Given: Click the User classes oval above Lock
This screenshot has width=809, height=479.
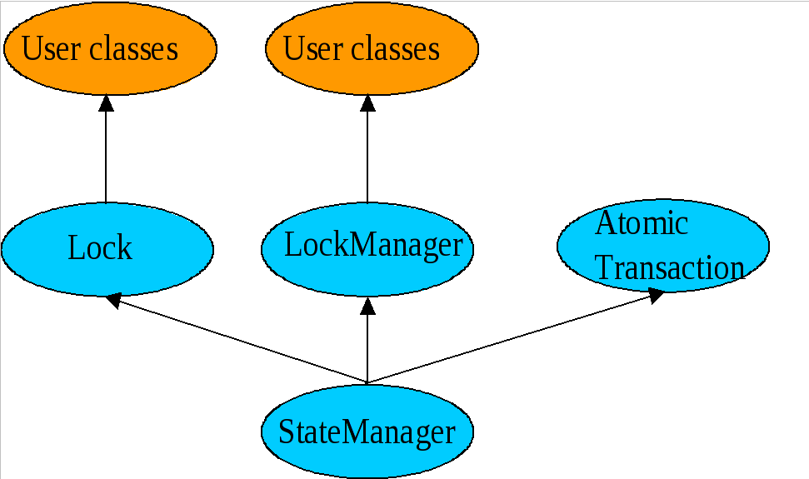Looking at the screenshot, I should pyautogui.click(x=109, y=48).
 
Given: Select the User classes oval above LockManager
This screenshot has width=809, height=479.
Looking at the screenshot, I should pyautogui.click(x=372, y=48).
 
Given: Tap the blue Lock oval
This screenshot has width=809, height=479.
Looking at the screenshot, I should pyautogui.click(x=107, y=248).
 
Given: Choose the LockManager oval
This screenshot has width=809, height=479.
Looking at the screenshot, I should pyautogui.click(x=367, y=247).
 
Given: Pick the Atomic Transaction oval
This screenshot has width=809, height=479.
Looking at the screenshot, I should pyautogui.click(x=662, y=246).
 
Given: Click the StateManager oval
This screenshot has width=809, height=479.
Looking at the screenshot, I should pyautogui.click(x=367, y=432).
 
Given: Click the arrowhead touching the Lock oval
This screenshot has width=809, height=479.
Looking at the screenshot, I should pyautogui.click(x=115, y=301).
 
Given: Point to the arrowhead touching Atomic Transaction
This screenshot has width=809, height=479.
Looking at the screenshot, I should pyautogui.click(x=657, y=295).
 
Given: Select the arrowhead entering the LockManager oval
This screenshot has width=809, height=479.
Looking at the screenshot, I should pyautogui.click(x=367, y=305).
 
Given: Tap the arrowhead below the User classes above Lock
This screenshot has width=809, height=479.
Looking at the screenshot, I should pyautogui.click(x=106, y=103).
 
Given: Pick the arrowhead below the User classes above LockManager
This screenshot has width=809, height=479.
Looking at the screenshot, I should pyautogui.click(x=367, y=103).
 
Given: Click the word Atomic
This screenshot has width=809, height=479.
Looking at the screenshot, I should pyautogui.click(x=642, y=223).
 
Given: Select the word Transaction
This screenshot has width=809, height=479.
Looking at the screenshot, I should pyautogui.click(x=670, y=268).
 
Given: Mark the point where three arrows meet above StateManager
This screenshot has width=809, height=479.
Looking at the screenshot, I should pyautogui.click(x=367, y=383).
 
